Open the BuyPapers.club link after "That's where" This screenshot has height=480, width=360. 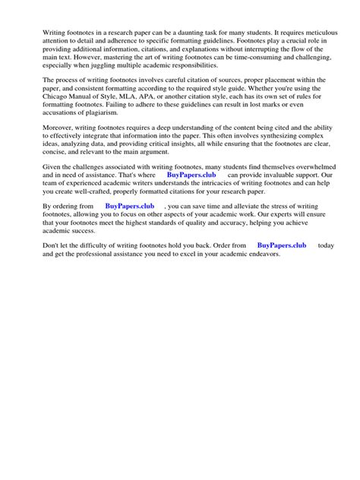(192, 197)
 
